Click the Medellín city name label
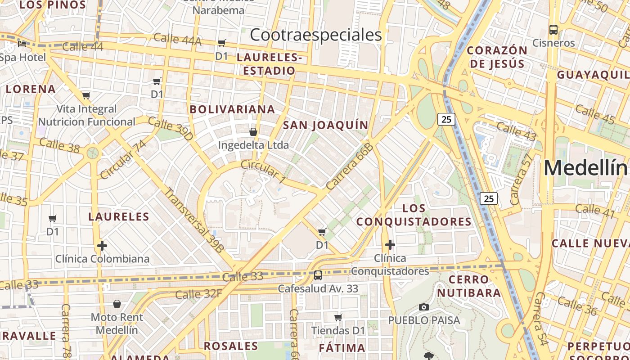pyautogui.click(x=586, y=168)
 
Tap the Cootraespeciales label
pyautogui.click(x=316, y=35)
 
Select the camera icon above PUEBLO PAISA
pyautogui.click(x=423, y=307)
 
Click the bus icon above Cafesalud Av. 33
pyautogui.click(x=318, y=275)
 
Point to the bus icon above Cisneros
pyautogui.click(x=553, y=30)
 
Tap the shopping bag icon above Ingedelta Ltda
pyautogui.click(x=253, y=132)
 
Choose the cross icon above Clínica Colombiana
pyautogui.click(x=102, y=246)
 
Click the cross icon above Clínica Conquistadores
pyautogui.click(x=390, y=245)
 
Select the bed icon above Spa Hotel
pyautogui.click(x=22, y=44)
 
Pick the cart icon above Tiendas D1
pyautogui.click(x=338, y=317)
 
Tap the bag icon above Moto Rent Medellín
pyautogui.click(x=117, y=304)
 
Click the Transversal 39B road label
pyautogui.click(x=194, y=219)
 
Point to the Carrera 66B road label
pyautogui.click(x=350, y=166)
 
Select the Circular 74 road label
pyautogui.click(x=124, y=159)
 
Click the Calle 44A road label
pyautogui.click(x=178, y=40)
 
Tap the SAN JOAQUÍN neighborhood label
pyautogui.click(x=326, y=125)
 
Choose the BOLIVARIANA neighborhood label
pyautogui.click(x=232, y=109)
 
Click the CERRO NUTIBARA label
pyautogui.click(x=469, y=286)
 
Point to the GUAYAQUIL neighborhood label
pyautogui.click(x=593, y=75)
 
